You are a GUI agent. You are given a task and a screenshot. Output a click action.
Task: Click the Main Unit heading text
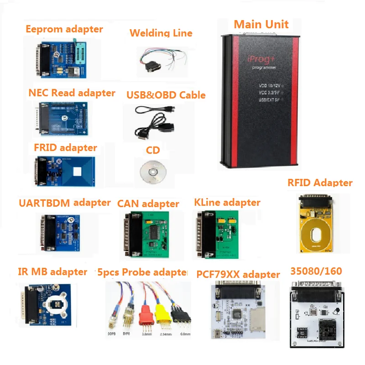click(261, 24)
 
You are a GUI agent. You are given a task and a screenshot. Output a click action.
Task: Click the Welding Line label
click(161, 33)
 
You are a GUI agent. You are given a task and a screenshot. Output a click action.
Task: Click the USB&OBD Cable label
click(166, 95)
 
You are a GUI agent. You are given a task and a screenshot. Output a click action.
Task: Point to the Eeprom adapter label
click(64, 29)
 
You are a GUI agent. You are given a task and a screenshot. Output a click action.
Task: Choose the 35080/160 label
click(316, 271)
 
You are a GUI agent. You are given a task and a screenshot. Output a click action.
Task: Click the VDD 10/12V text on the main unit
click(270, 85)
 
